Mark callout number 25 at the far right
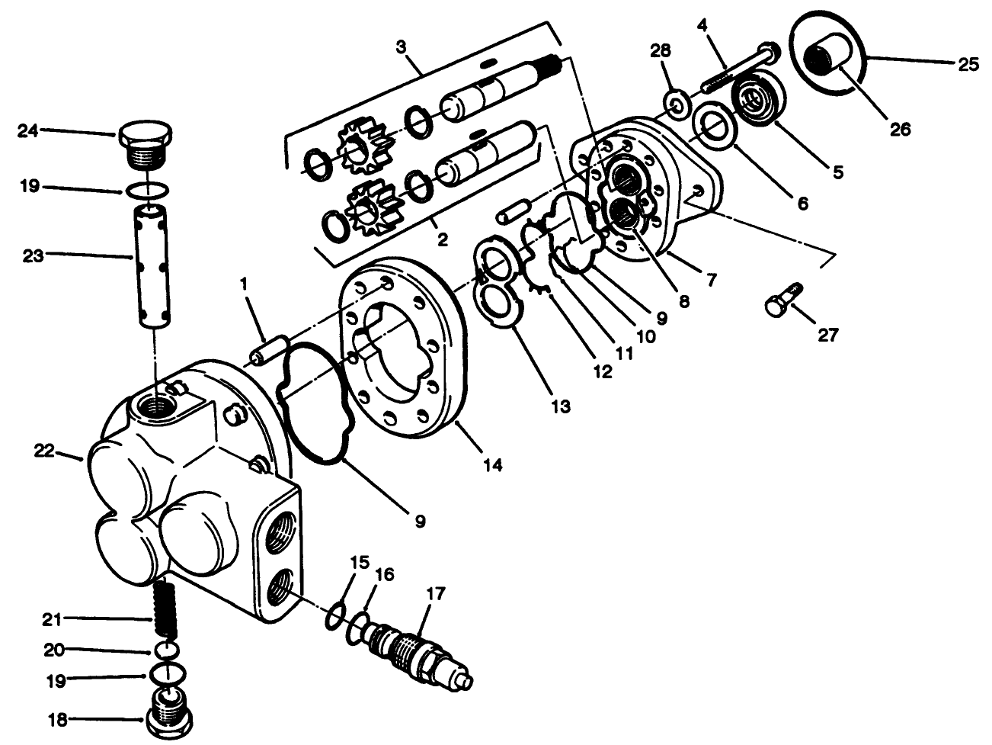click(968, 64)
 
